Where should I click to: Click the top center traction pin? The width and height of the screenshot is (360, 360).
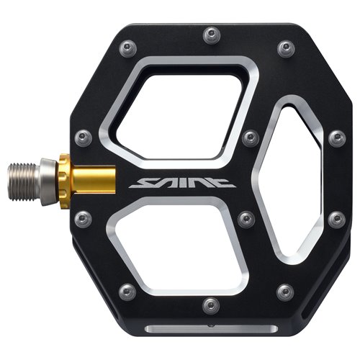tap(211, 35)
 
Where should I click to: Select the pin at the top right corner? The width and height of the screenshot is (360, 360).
tap(285, 48)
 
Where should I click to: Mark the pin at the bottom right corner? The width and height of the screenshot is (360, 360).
tap(285, 292)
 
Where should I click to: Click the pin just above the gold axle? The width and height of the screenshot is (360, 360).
tap(83, 136)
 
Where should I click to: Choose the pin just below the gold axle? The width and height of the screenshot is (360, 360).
tap(83, 218)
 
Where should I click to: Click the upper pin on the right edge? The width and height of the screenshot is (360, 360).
tap(336, 137)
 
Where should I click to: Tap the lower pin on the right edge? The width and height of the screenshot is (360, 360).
tap(336, 217)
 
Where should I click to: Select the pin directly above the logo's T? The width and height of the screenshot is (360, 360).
tap(249, 137)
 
